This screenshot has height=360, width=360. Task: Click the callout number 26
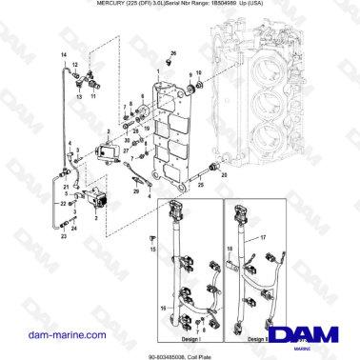coord(173,53)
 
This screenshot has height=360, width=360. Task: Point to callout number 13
coord(79,96)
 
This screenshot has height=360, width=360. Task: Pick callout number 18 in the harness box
coord(229,257)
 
